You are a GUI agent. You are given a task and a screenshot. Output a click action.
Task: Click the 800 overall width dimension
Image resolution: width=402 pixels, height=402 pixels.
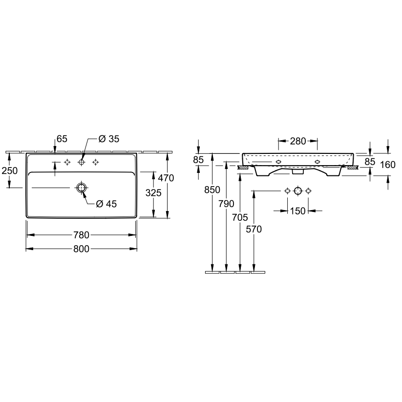[x=81, y=249]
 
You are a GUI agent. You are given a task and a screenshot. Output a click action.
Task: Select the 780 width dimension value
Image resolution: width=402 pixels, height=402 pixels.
[x=81, y=235]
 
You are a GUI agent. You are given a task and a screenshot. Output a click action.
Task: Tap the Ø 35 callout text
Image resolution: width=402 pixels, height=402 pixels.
[x=109, y=139]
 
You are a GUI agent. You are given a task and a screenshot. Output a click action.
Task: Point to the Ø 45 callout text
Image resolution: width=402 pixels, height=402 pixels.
[x=106, y=204]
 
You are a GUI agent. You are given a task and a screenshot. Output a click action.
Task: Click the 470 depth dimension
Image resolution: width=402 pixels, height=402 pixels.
[x=166, y=178]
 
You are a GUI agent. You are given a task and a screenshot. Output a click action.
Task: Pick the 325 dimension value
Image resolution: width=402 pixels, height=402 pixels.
[x=153, y=192]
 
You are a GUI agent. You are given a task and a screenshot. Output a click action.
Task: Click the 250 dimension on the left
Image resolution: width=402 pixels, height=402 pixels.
[x=9, y=170]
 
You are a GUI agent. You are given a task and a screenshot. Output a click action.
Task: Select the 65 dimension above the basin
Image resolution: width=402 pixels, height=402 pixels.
[x=62, y=139]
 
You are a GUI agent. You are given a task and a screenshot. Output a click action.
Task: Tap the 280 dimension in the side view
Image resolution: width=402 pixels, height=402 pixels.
[x=298, y=141]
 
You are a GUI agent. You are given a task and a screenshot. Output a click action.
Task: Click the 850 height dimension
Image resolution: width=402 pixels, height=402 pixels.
[x=212, y=190]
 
